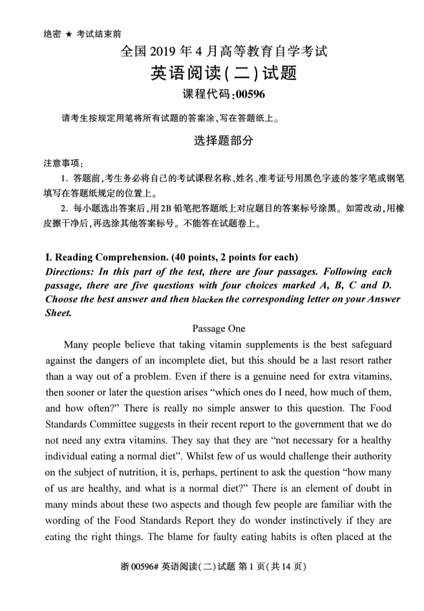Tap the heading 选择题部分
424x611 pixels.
click(224, 141)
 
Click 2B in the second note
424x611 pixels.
click(168, 208)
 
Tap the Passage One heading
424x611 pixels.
click(218, 328)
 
